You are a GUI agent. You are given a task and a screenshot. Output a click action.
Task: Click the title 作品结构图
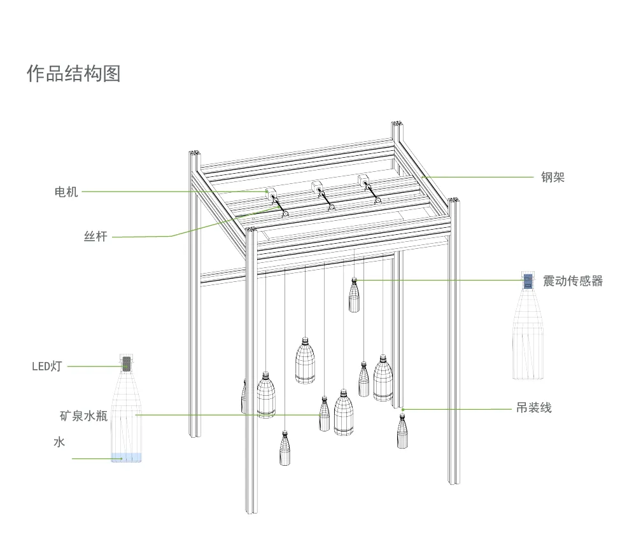coord(73,73)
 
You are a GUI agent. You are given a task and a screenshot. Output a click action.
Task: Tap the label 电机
coord(66,192)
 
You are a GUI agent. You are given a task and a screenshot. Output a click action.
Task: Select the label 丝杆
coord(95,237)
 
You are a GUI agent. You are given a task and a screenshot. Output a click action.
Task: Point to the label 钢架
coord(553,178)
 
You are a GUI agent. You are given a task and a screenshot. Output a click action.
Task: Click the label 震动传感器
coord(572,281)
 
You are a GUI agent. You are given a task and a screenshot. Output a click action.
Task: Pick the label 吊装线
coord(533,408)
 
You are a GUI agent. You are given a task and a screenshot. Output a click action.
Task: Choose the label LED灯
coord(47,366)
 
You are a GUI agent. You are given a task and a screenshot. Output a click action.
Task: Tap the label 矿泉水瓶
coord(83,416)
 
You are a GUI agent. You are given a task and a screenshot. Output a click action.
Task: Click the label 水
coord(59,442)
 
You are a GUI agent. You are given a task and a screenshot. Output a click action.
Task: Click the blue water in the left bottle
coord(126,457)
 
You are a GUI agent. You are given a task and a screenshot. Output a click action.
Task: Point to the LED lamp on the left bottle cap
coord(126,363)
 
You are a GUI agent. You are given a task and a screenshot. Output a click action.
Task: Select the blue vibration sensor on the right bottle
coord(528,281)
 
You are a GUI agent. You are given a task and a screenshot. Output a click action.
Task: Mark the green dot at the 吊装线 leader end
coord(403,409)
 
